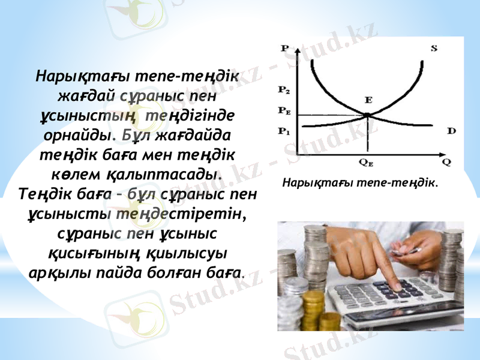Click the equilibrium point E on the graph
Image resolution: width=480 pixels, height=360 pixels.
coord(368,115)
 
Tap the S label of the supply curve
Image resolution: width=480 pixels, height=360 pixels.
coord(434,49)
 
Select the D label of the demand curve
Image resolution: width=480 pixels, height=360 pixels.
coord(451,130)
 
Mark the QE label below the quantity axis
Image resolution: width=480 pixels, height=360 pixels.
coord(366,161)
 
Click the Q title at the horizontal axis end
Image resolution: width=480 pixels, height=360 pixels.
coord(446,161)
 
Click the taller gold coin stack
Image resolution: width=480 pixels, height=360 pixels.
coord(313,309)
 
